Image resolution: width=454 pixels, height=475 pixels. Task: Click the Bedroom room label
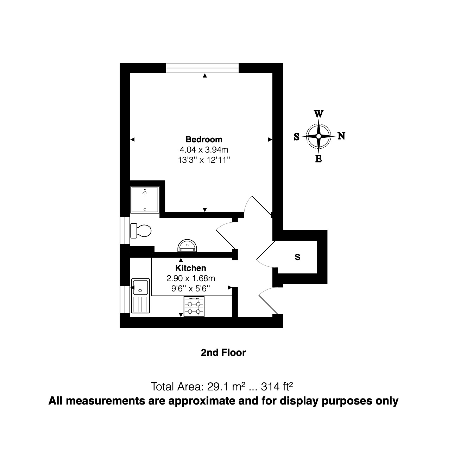click(204, 139)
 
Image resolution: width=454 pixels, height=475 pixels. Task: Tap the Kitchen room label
click(190, 268)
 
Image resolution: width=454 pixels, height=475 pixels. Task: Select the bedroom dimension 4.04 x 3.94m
click(204, 150)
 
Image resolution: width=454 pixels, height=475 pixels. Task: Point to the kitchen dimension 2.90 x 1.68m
click(190, 278)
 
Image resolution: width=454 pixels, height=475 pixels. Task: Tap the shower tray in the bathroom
click(145, 200)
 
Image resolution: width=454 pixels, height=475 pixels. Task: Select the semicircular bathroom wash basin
click(187, 246)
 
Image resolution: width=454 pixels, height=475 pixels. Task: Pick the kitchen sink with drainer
click(140, 296)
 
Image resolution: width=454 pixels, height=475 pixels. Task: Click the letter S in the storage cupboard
click(297, 257)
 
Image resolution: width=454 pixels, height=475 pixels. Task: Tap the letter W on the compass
click(318, 114)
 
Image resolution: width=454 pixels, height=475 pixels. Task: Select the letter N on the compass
click(341, 136)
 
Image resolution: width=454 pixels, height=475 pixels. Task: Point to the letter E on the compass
click(318, 159)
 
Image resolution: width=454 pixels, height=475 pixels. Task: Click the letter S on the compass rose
click(297, 137)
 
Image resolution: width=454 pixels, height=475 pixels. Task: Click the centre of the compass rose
click(319, 136)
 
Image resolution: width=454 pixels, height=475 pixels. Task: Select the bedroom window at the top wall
click(202, 68)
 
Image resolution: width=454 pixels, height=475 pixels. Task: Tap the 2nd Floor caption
click(223, 352)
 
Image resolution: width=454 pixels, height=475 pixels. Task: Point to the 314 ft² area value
click(277, 387)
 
